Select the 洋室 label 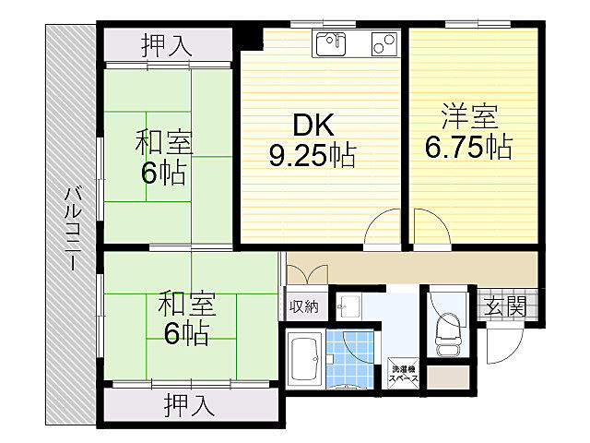coord(469,117)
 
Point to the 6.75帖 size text coord(469,147)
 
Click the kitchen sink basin coord(328,43)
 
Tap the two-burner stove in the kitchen coord(383,43)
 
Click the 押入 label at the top coord(166,44)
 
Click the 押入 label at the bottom coord(191,403)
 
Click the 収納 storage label coord(305,307)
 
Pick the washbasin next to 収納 coord(348,305)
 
